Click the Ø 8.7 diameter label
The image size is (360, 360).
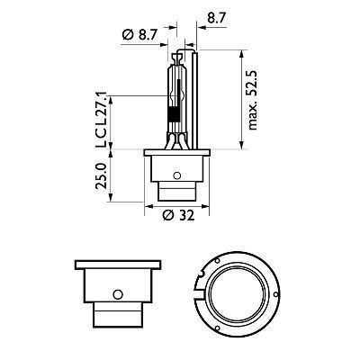(x=140, y=34)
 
